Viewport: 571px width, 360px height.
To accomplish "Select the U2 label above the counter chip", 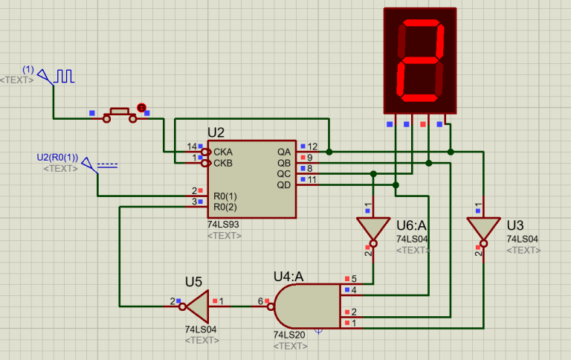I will pos(216,132).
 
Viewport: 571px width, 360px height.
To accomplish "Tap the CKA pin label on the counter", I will pos(223,151).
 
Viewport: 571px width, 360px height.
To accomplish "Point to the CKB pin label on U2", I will pos(223,162).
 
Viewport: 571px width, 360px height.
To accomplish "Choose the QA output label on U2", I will pos(284,151).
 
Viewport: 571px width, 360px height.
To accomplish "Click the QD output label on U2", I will pos(284,184).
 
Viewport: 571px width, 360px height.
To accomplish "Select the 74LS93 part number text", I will pos(224,223).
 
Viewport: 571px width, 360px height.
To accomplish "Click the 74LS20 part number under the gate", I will pos(289,335).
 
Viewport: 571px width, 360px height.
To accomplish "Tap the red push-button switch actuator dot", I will pos(141,108).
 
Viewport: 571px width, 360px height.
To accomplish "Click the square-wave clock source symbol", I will pos(65,76).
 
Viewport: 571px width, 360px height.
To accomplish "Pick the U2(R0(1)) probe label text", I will pos(57,158).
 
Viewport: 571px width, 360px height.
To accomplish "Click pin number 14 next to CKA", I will pos(192,147).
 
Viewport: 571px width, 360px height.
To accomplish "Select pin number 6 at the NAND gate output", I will pos(261,301).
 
